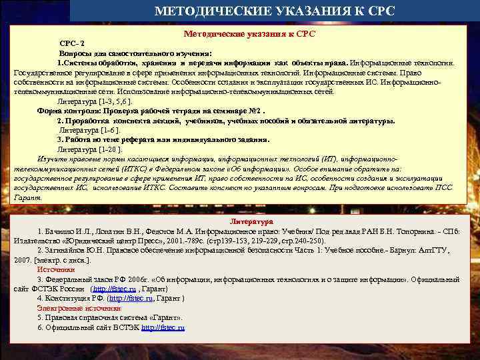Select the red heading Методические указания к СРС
pos(249,33)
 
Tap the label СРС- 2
pos(71,43)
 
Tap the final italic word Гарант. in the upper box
pos(27,197)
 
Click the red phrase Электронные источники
pos(79,308)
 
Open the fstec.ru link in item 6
pos(163,328)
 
